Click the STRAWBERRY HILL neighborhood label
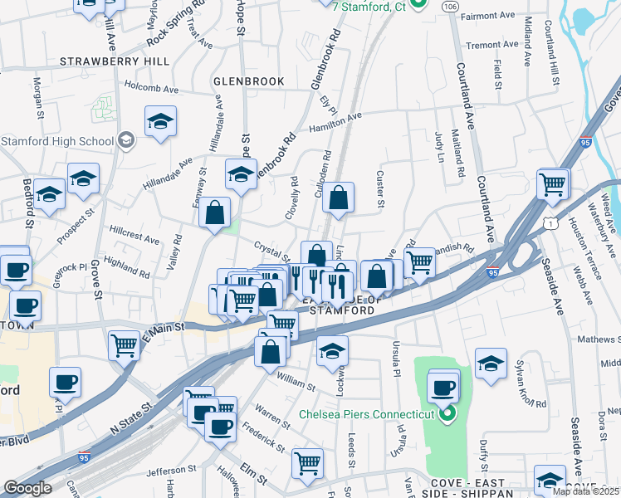coord(115,61)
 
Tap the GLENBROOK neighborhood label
coord(249,81)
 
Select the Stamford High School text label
coord(56,140)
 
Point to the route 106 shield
coord(449,7)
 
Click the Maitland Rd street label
coord(459,153)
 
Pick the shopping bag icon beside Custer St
coord(338,198)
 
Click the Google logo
coord(27,488)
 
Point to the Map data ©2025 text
coord(586,491)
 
